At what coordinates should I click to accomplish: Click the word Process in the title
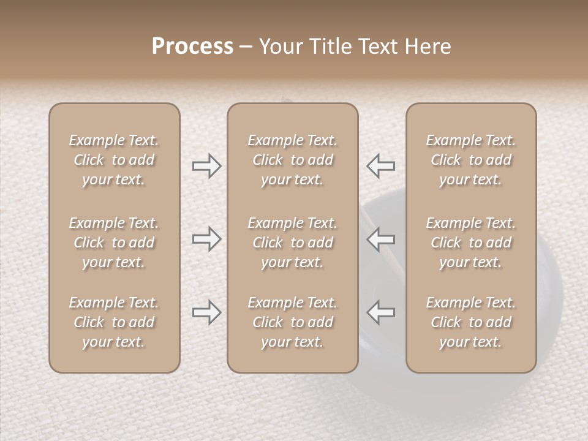[192, 47]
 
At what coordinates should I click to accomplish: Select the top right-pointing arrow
[207, 166]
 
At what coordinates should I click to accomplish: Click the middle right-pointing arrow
[207, 239]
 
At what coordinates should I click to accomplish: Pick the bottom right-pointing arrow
[207, 312]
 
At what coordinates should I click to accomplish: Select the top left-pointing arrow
[380, 166]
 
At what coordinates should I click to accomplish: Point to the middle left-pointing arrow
[380, 239]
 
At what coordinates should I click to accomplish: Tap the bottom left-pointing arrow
[380, 312]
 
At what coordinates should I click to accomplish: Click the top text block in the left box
[114, 160]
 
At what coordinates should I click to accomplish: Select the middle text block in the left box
[114, 243]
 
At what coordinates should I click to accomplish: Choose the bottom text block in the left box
[114, 322]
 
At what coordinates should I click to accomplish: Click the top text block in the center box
[292, 160]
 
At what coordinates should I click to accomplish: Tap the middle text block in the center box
[292, 243]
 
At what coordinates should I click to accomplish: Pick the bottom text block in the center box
[292, 322]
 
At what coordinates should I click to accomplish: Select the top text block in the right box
[471, 160]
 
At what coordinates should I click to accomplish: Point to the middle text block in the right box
[471, 243]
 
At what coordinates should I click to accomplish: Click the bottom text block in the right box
[471, 322]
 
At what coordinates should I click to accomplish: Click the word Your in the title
[279, 47]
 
